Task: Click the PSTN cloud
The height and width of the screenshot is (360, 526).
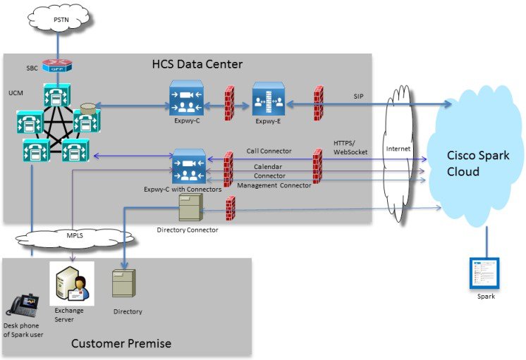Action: point(61,20)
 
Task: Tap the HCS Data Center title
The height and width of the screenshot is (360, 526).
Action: point(197,64)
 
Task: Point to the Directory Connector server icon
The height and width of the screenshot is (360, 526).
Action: point(191,209)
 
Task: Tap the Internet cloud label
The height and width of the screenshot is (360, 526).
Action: point(398,149)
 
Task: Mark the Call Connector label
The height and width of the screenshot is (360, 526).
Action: point(268,151)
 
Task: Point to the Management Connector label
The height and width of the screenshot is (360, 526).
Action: point(274,185)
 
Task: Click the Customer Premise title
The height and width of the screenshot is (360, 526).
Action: point(121,344)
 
